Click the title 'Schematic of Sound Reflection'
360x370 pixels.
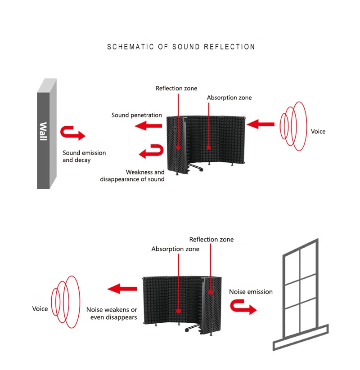tap(181, 47)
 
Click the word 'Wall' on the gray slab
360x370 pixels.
tap(43, 132)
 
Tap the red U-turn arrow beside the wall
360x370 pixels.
tap(72, 133)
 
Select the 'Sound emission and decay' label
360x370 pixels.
tap(84, 156)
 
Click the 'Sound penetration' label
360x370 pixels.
tap(136, 115)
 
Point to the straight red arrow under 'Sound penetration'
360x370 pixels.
tap(148, 127)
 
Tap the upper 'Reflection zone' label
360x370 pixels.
tap(176, 88)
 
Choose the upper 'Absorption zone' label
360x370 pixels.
tap(229, 98)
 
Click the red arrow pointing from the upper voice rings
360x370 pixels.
tap(261, 124)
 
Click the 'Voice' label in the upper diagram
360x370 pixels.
tap(318, 132)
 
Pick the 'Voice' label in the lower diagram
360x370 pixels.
tap(40, 309)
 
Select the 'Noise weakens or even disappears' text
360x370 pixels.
tap(112, 313)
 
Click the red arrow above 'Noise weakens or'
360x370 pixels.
tap(122, 288)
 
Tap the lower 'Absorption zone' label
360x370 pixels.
tap(175, 249)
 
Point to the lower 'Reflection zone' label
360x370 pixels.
tap(211, 240)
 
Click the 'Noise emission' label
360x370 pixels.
tap(251, 292)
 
